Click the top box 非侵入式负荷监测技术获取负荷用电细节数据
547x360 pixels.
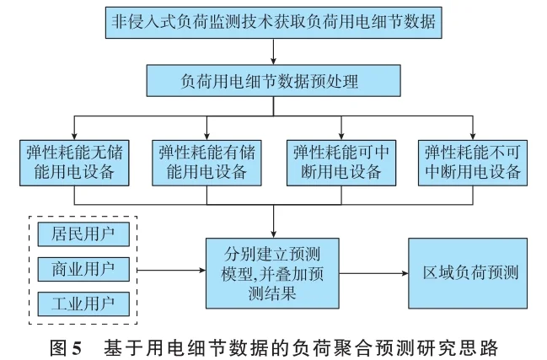point(273,22)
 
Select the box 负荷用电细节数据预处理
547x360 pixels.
point(273,82)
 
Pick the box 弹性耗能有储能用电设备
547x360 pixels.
point(207,162)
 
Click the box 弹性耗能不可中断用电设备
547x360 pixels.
point(473,162)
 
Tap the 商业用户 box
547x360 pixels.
point(83,270)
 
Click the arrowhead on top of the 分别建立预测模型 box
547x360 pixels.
point(273,230)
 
